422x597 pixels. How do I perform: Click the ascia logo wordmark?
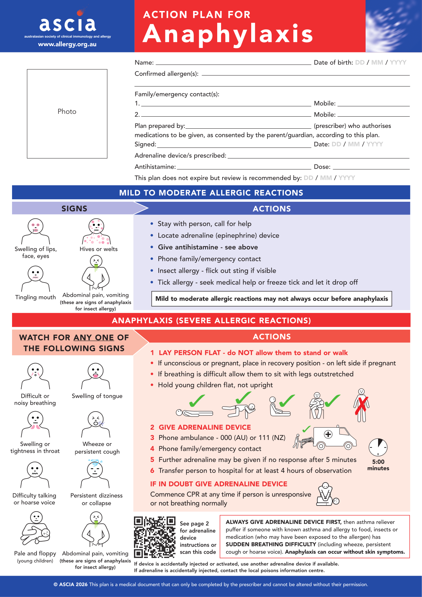[67, 24]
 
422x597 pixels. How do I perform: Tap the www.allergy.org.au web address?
[67, 44]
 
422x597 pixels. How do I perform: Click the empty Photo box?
[67, 113]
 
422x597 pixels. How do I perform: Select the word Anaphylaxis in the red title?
[228, 34]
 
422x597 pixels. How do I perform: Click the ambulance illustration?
[333, 438]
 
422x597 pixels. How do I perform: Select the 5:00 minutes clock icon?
[378, 447]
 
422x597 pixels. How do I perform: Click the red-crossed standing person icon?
[361, 405]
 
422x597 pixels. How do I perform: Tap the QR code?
[154, 537]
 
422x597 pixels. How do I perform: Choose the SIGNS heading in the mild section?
[74, 208]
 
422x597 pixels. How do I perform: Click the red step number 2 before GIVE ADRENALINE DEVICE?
[152, 427]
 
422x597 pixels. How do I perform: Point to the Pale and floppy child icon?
[36, 528]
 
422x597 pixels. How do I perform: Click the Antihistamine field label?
[155, 167]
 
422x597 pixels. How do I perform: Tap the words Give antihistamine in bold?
[188, 247]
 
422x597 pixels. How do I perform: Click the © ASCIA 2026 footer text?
[71, 585]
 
